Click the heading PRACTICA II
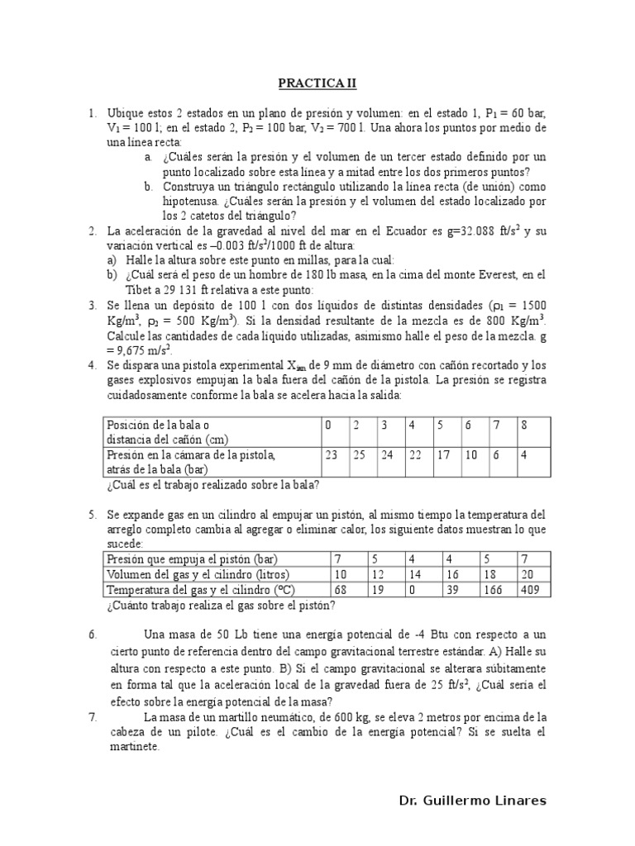click(x=317, y=83)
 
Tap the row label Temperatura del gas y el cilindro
click(x=198, y=590)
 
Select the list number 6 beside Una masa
click(x=93, y=634)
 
